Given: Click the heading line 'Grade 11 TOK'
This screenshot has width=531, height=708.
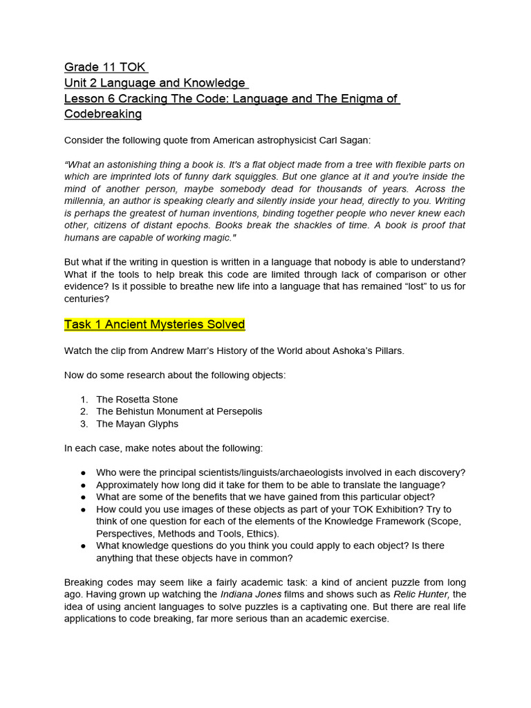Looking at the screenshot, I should pos(106,67).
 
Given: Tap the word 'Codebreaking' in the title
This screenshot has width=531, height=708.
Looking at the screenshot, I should pos(103,114).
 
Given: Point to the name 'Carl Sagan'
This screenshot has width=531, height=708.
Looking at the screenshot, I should pos(345,140).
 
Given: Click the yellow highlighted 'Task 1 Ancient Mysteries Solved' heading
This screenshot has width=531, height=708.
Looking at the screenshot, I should pos(154,324).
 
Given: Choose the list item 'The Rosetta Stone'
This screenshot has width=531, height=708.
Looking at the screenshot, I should pos(137,400).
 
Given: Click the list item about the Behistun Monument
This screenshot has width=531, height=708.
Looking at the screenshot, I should pos(179,411).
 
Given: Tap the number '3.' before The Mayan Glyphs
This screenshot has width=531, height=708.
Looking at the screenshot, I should pos(84,424).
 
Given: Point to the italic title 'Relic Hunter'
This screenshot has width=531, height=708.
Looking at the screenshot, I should pos(420,595).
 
